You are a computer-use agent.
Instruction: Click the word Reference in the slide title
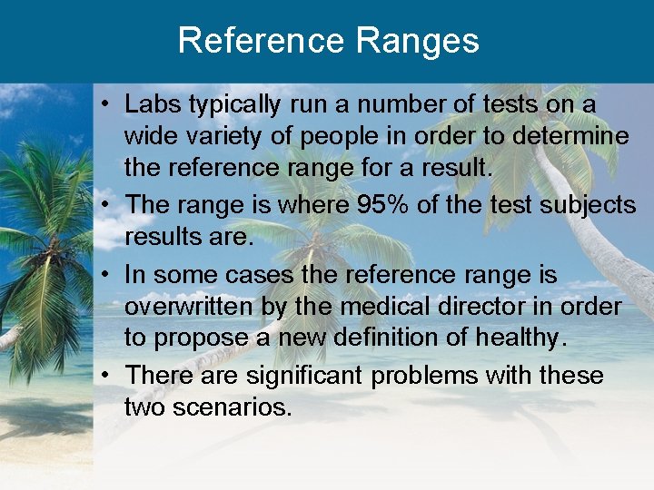pos(259,41)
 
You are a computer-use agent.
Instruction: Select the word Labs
pos(153,104)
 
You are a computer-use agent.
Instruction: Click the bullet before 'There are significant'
pos(107,374)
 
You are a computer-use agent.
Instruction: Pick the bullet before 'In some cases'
pos(107,273)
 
